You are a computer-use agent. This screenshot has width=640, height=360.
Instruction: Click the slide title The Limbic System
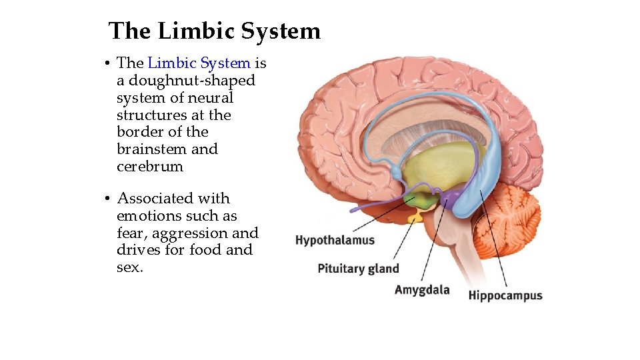(214, 31)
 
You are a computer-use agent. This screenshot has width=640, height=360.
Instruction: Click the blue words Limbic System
(199, 63)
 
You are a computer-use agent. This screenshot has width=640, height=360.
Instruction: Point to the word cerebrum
(149, 167)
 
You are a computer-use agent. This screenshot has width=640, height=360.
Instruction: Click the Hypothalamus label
(335, 240)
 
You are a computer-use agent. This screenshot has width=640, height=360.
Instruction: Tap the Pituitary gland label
(358, 269)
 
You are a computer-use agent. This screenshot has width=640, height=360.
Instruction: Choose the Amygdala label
(422, 290)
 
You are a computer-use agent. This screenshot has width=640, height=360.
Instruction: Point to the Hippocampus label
(505, 295)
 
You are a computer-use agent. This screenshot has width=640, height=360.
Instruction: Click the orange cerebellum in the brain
(507, 220)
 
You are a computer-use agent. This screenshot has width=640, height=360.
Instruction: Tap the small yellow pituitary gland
(416, 217)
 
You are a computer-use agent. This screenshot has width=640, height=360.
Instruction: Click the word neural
(212, 98)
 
